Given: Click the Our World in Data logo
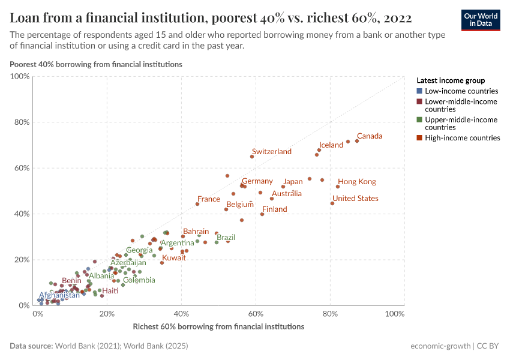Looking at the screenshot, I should click(480, 19).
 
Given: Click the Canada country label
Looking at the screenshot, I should click(370, 136).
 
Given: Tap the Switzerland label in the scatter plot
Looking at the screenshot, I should click(272, 152).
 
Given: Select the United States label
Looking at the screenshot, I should click(355, 199).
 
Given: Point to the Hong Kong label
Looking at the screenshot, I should click(357, 182).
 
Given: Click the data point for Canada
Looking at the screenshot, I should click(357, 141).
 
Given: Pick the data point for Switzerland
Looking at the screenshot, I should click(252, 157).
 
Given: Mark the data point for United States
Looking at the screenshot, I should click(332, 203).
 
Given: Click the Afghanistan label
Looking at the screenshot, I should click(59, 295).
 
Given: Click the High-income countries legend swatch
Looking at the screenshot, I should click(419, 138).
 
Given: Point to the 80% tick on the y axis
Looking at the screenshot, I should click(22, 122).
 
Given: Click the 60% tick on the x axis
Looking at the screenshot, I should click(256, 314).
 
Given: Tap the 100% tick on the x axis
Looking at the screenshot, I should click(395, 314).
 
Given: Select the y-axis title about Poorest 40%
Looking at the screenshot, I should click(96, 64).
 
